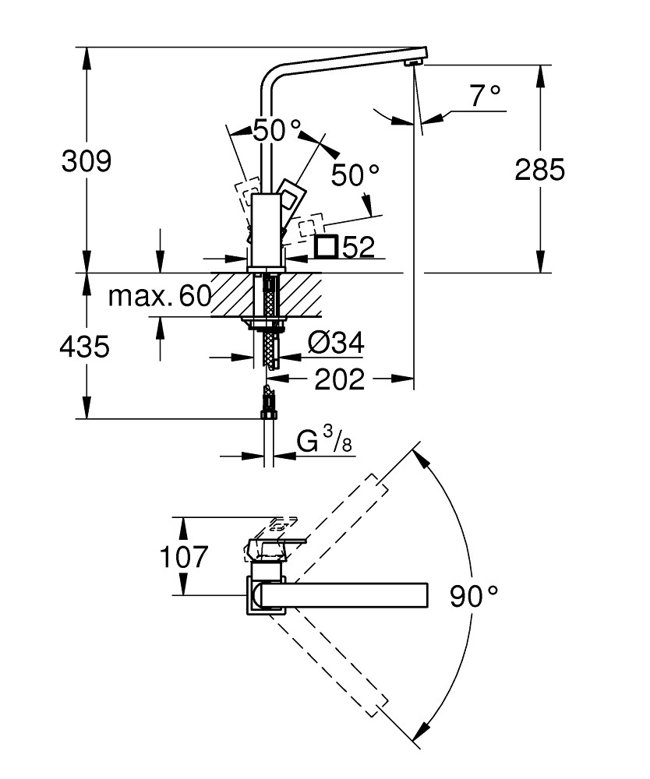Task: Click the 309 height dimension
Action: [x=87, y=161]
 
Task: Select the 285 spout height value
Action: [x=539, y=169]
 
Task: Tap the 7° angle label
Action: [x=484, y=97]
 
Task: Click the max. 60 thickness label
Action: [x=160, y=296]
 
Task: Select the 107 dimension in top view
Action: [x=184, y=557]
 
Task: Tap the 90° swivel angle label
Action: [x=473, y=597]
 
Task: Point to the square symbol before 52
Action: [x=327, y=247]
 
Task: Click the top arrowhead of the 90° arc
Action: [x=421, y=455]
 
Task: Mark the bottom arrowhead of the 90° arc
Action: [x=421, y=731]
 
